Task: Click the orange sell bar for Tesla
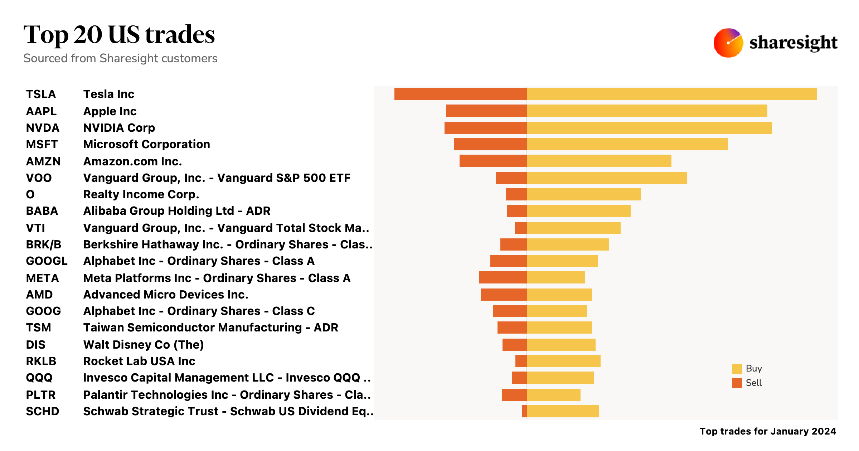pos(460,94)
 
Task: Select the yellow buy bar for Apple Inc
pos(647,111)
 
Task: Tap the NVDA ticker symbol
pos(43,128)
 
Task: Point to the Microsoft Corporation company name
pos(146,144)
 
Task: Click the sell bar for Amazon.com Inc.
pos(493,161)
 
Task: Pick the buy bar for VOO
pos(607,178)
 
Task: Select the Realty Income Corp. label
pos(141,194)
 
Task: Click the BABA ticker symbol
pos(42,211)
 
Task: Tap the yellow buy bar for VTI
pos(573,228)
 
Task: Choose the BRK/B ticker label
pos(43,244)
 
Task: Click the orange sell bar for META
pos(503,278)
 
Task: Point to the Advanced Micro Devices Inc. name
pos(166,295)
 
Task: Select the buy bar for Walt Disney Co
pos(561,345)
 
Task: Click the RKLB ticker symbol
pos(41,361)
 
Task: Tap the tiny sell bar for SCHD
pos(524,412)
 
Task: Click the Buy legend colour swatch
pos(737,369)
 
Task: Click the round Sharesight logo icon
pos(728,43)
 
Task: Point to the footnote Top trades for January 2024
pos(768,431)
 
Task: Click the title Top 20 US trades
pos(119,35)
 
